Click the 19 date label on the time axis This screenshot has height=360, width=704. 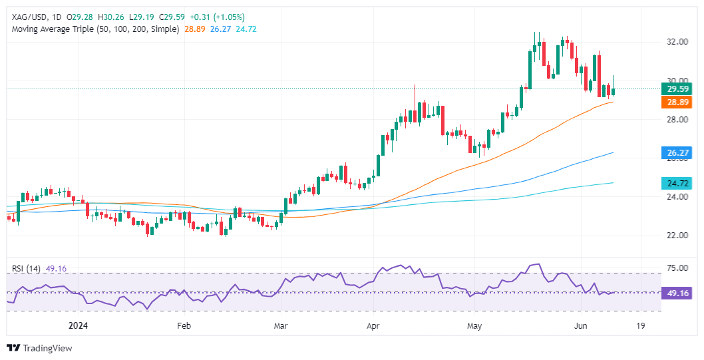(x=641, y=326)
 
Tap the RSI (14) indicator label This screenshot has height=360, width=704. (x=27, y=269)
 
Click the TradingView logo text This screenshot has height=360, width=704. (x=47, y=348)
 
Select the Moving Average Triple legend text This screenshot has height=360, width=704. (x=93, y=29)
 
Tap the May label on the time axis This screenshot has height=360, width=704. (x=474, y=326)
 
